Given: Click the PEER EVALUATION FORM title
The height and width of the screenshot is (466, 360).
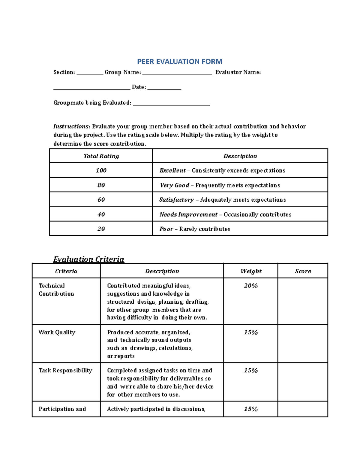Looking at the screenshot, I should tap(179, 62).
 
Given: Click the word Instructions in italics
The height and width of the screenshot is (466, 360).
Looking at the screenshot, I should tap(71, 126).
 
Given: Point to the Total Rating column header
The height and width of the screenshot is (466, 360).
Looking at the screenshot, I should tap(101, 156).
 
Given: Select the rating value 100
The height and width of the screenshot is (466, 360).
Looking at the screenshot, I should tap(101, 170).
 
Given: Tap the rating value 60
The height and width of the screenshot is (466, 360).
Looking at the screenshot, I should tap(101, 200).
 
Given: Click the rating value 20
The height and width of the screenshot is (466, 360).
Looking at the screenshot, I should tap(101, 229).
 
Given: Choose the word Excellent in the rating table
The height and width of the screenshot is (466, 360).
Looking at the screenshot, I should tap(172, 170).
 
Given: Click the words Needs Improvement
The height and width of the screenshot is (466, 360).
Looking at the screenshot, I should tap(188, 215).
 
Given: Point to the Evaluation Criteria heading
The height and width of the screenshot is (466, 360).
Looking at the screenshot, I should tap(88, 259).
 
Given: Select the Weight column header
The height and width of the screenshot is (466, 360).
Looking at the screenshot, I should tap(251, 271).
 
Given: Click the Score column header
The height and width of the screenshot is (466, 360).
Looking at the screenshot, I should tap(303, 271).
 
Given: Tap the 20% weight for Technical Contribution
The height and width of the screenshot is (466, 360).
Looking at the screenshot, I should tap(251, 286).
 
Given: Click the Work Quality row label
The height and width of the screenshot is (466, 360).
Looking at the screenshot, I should tap(57, 332).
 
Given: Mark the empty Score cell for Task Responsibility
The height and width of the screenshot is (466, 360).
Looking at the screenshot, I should tap(303, 382).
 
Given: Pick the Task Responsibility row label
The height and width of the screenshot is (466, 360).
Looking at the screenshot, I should tap(65, 371).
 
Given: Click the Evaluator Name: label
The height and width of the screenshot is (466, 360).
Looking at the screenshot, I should tap(238, 72).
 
